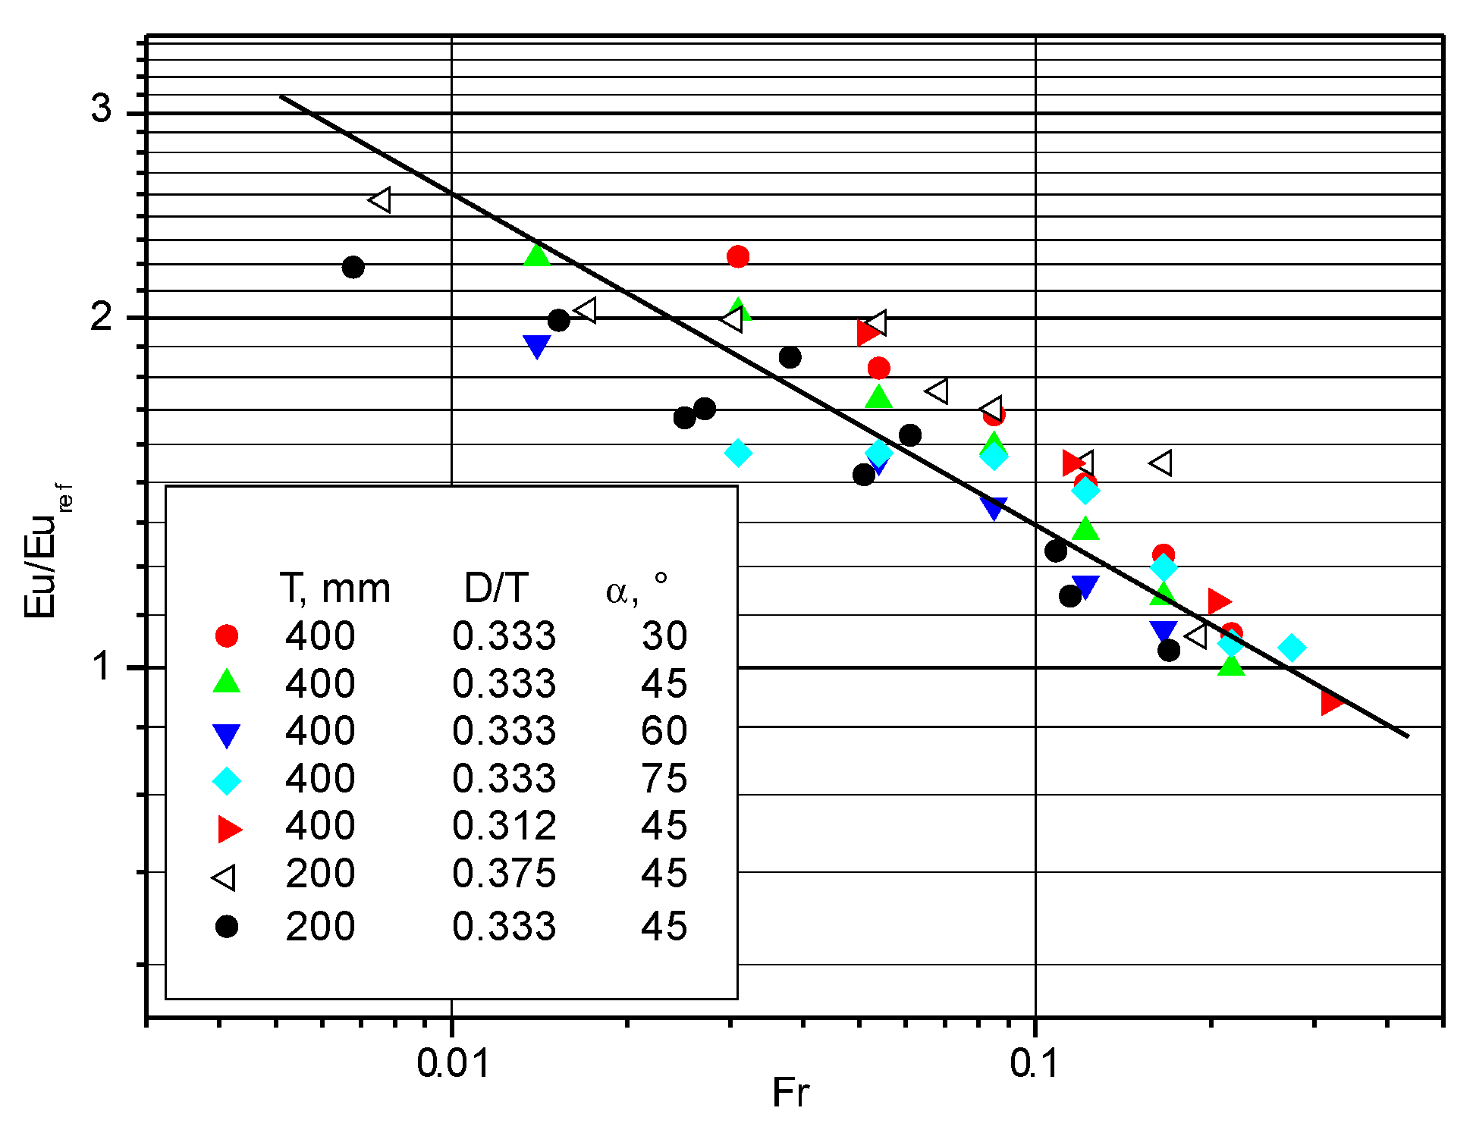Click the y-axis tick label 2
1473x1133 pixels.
(101, 315)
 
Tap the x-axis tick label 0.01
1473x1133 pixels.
(453, 1063)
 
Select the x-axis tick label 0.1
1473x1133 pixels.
(1034, 1063)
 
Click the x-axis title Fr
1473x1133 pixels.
(790, 1093)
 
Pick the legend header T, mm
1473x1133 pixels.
(334, 588)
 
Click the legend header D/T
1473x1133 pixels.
(496, 588)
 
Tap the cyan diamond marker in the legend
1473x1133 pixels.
(227, 780)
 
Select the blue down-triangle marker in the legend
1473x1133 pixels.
(227, 734)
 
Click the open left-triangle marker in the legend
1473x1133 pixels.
(225, 877)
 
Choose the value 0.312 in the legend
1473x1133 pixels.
(504, 825)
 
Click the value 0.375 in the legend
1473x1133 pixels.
(504, 873)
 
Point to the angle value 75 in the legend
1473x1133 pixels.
(664, 778)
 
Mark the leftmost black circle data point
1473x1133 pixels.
(353, 267)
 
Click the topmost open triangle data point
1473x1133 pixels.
(380, 200)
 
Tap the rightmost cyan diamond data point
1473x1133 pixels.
(1292, 648)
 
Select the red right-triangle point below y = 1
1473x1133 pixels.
(1330, 702)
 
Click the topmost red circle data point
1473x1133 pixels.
(738, 256)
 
